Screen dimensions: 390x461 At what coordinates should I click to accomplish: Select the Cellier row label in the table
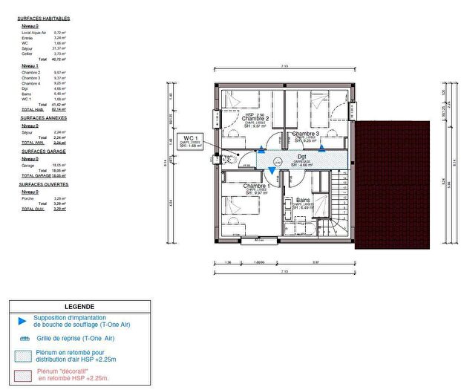point(27,54)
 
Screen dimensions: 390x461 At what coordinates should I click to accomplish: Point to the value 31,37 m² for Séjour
point(60,49)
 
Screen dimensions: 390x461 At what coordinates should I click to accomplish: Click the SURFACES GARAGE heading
point(42,151)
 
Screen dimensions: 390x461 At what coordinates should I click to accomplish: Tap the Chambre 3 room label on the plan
point(306,134)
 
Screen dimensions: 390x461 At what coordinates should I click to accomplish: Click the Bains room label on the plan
point(303,200)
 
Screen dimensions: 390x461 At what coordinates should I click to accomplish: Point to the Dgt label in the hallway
point(301,157)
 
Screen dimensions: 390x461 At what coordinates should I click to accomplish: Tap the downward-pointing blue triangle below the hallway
point(272,172)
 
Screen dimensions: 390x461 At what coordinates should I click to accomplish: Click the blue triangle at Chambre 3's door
point(321,148)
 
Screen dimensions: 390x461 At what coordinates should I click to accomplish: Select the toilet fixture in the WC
point(232,158)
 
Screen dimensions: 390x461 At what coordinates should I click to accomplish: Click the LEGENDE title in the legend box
point(79,306)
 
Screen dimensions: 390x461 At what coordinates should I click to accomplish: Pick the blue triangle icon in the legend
point(22,321)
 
